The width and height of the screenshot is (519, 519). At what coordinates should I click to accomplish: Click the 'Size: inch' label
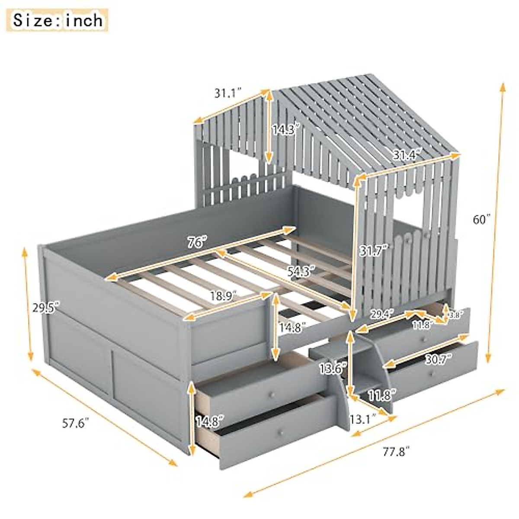click(x=58, y=20)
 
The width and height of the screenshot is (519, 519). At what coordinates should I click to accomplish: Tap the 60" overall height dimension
click(x=482, y=220)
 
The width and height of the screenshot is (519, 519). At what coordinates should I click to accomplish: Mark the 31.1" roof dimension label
click(x=227, y=93)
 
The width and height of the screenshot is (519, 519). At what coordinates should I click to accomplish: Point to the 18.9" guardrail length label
click(x=224, y=296)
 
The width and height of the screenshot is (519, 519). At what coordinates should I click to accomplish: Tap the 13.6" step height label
click(x=333, y=368)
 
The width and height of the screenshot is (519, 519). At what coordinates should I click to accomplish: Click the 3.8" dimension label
click(x=457, y=315)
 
